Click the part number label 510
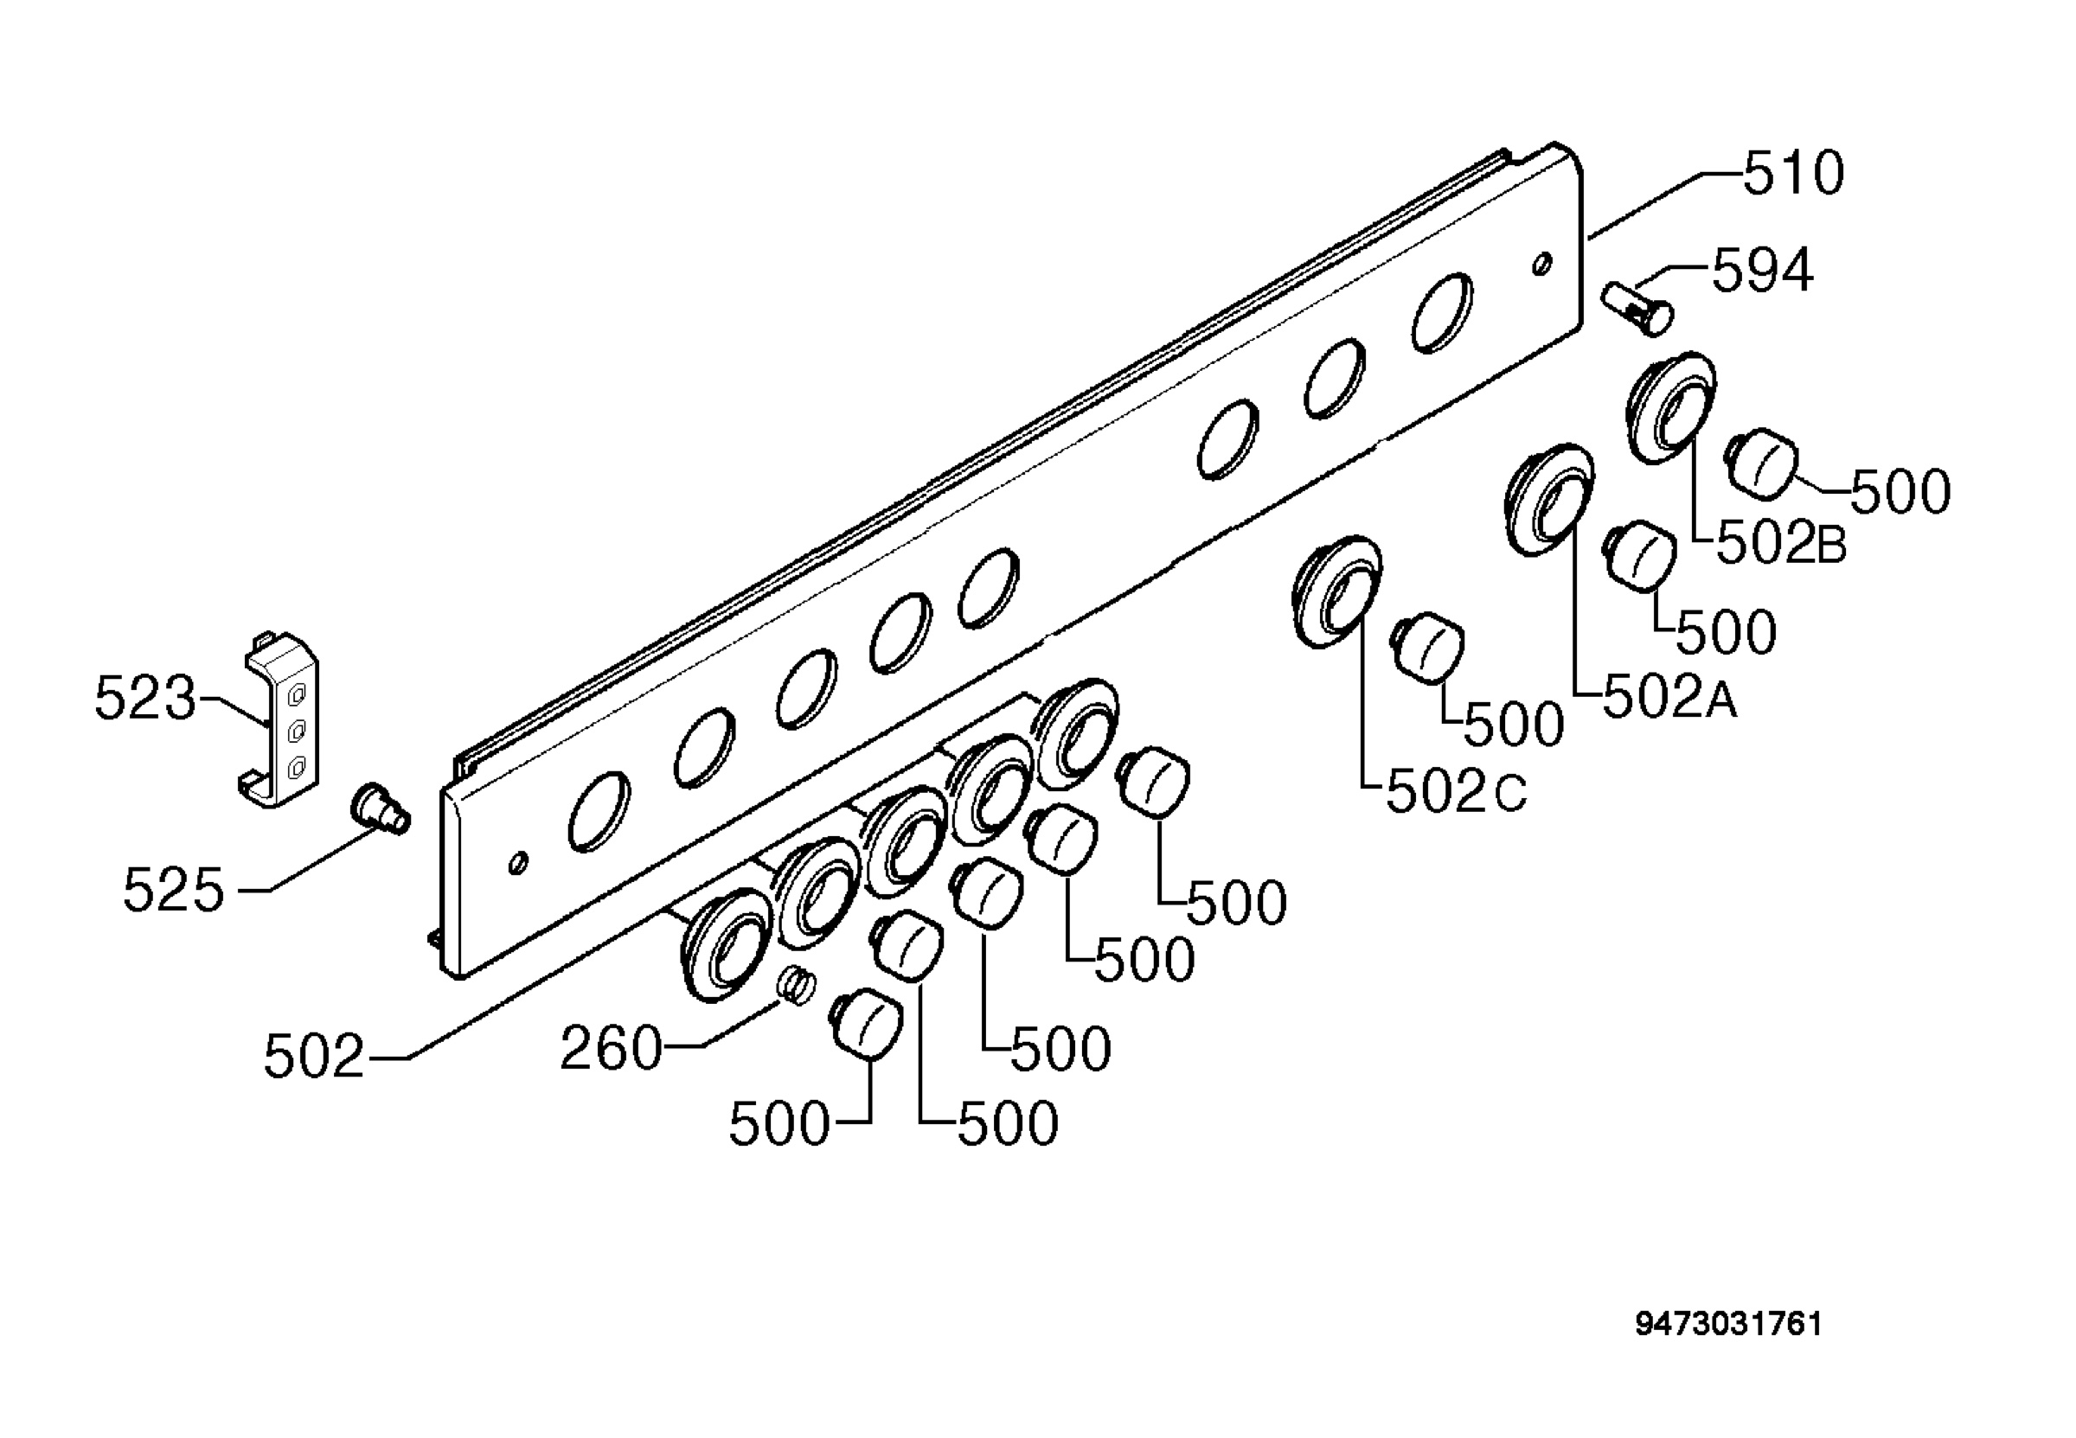[1793, 174]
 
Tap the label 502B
[1781, 544]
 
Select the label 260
[611, 1050]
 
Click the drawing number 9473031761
[1728, 1325]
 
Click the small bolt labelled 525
[380, 808]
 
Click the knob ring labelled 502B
[1670, 407]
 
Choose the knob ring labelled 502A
[1549, 499]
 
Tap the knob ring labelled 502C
[1337, 591]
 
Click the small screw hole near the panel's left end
[517, 862]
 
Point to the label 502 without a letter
[313, 1057]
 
